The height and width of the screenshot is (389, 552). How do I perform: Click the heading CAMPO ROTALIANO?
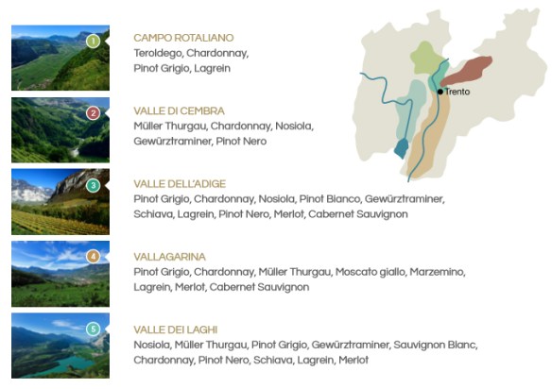tap(183, 39)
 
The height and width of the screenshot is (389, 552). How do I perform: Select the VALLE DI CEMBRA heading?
tap(179, 111)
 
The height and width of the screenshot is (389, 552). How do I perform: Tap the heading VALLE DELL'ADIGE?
tap(180, 184)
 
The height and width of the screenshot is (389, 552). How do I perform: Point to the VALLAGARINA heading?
tap(170, 257)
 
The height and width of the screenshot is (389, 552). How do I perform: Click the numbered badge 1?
tap(93, 42)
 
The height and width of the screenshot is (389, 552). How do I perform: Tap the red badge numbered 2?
tap(93, 113)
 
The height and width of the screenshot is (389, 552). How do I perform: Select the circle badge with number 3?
tap(93, 186)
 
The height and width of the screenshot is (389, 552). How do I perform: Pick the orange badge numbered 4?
tap(93, 256)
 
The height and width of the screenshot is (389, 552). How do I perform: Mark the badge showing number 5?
tap(93, 329)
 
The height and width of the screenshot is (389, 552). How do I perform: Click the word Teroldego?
tap(160, 54)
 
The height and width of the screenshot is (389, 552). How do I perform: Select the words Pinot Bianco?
tap(329, 199)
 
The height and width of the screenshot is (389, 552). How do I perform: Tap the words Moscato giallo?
tap(370, 272)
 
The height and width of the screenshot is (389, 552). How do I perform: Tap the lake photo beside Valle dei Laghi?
tap(60, 345)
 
